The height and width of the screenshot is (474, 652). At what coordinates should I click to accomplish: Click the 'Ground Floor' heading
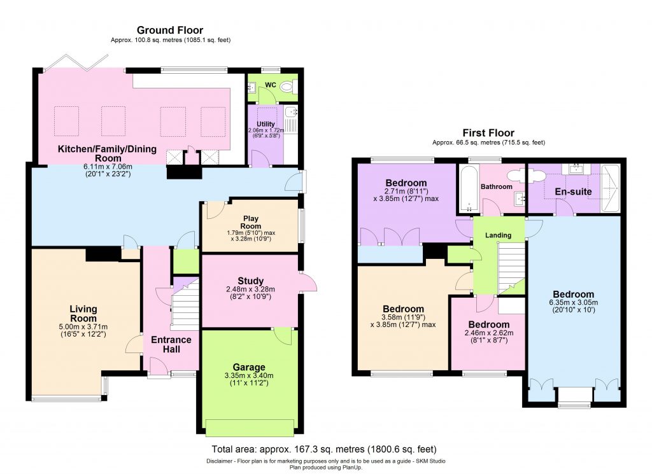click(x=170, y=30)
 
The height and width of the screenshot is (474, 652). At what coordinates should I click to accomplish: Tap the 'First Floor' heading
click(x=488, y=133)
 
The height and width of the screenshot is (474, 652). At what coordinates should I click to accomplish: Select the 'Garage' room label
click(x=249, y=367)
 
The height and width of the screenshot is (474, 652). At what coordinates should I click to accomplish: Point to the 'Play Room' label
click(x=251, y=222)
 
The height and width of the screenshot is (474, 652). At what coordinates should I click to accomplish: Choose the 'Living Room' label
click(x=83, y=314)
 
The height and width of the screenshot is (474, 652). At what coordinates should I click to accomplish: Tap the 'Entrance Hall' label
click(x=171, y=344)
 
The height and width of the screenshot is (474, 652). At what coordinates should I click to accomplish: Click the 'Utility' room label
click(x=265, y=123)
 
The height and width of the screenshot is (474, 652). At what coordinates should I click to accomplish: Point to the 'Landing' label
click(x=498, y=235)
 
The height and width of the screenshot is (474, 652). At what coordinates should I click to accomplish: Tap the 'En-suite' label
click(x=574, y=191)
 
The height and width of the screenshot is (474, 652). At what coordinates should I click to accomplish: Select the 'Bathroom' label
click(x=497, y=186)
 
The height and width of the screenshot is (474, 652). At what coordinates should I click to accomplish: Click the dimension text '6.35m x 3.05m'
click(x=573, y=303)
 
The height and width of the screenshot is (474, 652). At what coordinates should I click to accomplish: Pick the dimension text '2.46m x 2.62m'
click(x=486, y=332)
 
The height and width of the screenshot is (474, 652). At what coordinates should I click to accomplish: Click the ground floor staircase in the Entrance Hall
click(x=186, y=309)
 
